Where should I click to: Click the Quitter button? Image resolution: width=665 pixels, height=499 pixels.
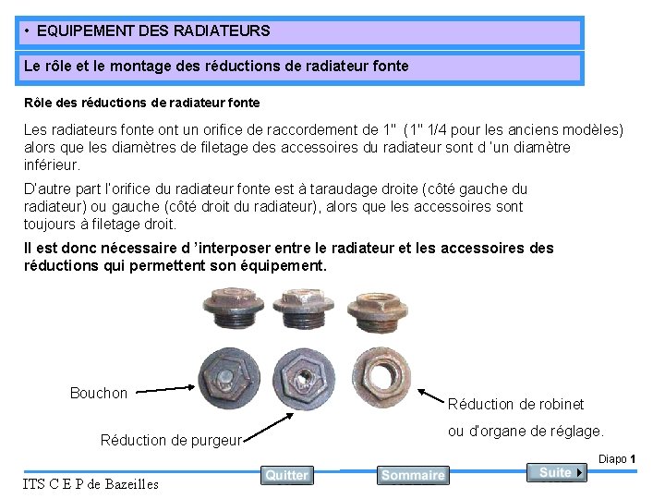[286, 475]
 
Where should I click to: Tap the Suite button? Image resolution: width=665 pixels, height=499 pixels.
[557, 472]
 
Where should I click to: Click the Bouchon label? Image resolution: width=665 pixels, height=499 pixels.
[99, 394]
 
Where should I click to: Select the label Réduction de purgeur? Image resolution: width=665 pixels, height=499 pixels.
[171, 440]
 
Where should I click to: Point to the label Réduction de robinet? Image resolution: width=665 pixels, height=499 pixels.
[515, 404]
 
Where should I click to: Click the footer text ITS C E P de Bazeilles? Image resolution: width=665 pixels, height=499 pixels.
[91, 483]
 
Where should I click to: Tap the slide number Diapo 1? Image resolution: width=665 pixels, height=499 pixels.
[617, 459]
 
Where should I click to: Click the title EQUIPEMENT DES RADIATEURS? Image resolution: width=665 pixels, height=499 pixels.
[153, 31]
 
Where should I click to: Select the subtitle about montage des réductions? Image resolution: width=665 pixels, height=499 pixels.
[216, 67]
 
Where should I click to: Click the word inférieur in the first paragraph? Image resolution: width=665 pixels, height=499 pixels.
[52, 165]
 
